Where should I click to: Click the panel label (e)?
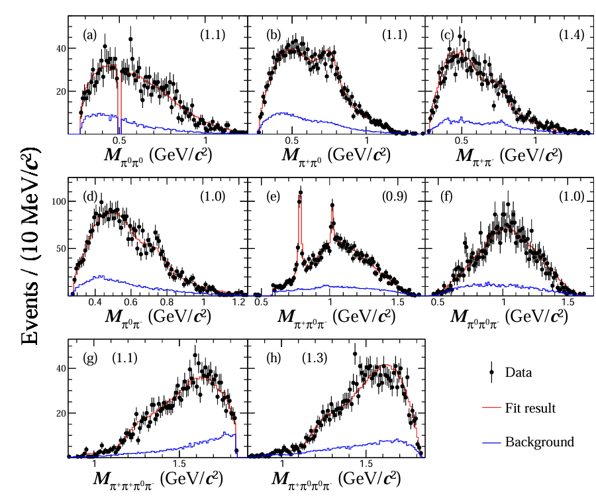coord(268,197)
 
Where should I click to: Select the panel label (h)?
coord(268,359)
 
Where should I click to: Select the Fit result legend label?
coord(530,408)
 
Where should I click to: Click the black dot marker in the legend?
coord(492,373)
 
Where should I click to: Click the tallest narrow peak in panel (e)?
coord(301,193)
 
